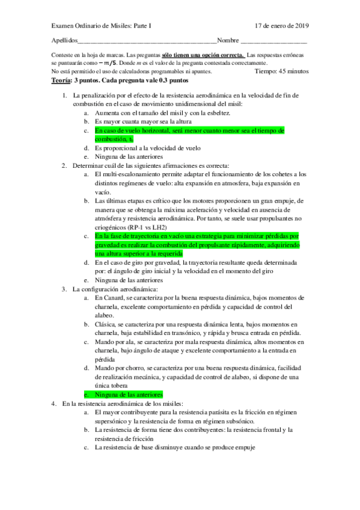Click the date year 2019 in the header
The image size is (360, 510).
pos(301,26)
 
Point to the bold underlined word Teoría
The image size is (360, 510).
pos(62,79)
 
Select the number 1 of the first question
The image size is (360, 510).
pos(64,95)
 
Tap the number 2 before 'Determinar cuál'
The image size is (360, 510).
pos(64,165)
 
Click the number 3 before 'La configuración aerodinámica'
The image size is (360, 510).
pos(64,289)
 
